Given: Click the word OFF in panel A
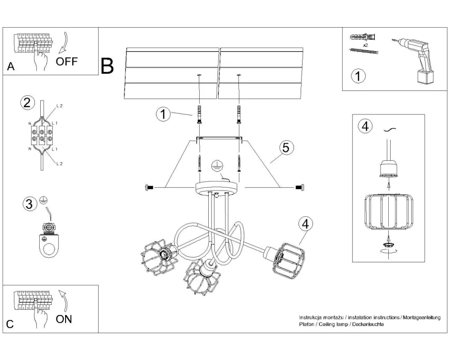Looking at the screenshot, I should tap(67, 62).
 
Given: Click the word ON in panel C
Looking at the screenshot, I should tap(64, 319).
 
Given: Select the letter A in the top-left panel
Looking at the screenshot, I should tap(11, 67).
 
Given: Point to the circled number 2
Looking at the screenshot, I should tap(27, 102).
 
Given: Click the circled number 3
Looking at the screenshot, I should tap(30, 204).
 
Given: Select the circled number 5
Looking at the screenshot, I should tap(285, 147).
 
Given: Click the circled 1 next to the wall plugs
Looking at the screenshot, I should tap(164, 114).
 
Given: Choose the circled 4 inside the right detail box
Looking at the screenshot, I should tap(365, 126).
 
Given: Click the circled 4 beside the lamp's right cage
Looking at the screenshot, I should tap(305, 224).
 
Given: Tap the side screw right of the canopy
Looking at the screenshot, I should tap(300, 187).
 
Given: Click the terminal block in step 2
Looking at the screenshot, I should tap(42, 135).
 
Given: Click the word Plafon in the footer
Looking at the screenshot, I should tap(306, 324).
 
